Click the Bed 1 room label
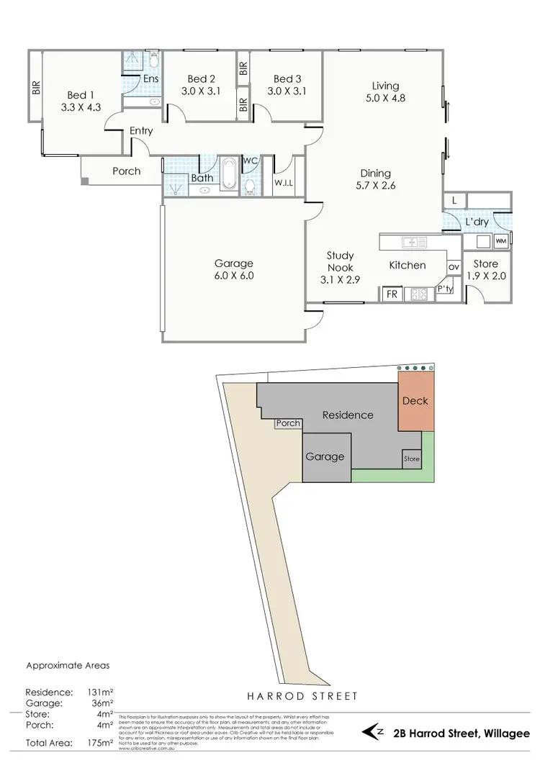[x=81, y=101]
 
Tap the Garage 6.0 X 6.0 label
[x=234, y=269]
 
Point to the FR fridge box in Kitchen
[x=392, y=294]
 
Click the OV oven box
[x=454, y=267]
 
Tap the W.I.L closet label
[x=284, y=184]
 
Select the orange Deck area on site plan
[x=416, y=401]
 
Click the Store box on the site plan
[x=411, y=459]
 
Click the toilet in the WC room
[x=250, y=186]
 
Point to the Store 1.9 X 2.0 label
[x=486, y=271]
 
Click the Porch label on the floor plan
[x=126, y=171]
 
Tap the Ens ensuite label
[x=151, y=79]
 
